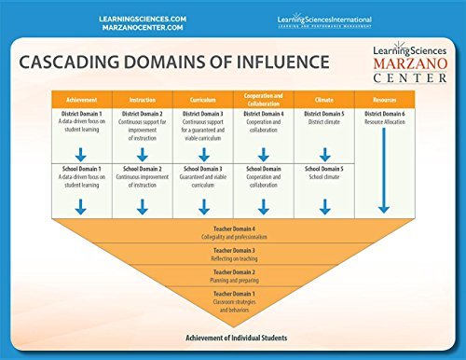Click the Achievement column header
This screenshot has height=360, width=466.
[82, 98]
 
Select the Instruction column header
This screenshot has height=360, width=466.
[143, 98]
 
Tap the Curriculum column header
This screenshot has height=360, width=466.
[203, 98]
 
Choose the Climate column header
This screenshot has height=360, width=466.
[323, 98]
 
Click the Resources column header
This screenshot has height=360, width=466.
[384, 98]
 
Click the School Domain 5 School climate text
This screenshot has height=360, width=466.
[323, 173]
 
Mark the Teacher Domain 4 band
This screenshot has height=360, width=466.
[233, 230]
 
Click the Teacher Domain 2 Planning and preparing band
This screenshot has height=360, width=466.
[233, 275]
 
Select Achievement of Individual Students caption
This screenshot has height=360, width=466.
[233, 336]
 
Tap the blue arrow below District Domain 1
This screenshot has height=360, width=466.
[82, 147]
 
